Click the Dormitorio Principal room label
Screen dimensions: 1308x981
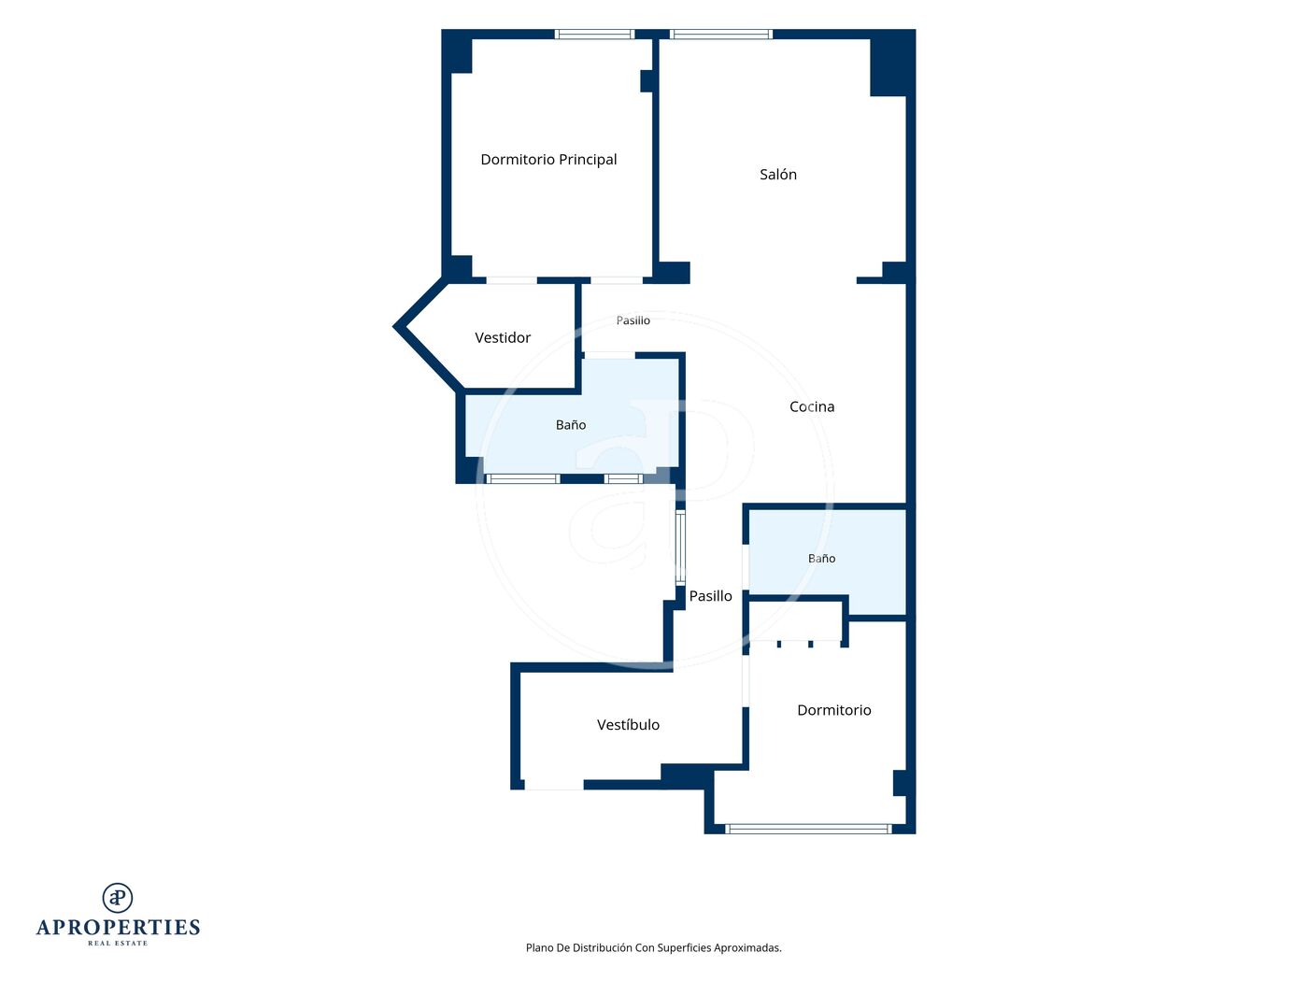pyautogui.click(x=548, y=160)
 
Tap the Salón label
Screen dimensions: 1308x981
pyautogui.click(x=777, y=174)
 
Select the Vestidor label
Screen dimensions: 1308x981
pyautogui.click(x=503, y=337)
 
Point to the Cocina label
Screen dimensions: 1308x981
pyautogui.click(x=812, y=406)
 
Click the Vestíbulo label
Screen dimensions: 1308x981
pyautogui.click(x=628, y=725)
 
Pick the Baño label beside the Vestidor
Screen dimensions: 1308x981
pyautogui.click(x=570, y=425)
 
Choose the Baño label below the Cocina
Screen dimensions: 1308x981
pyautogui.click(x=821, y=558)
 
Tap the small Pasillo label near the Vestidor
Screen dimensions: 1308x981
pyautogui.click(x=633, y=320)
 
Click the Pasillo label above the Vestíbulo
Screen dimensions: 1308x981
pyautogui.click(x=710, y=596)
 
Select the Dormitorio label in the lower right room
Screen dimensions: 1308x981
pyautogui.click(x=833, y=710)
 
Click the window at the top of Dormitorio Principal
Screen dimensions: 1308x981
pyautogui.click(x=594, y=34)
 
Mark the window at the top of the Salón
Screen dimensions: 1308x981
pyautogui.click(x=721, y=34)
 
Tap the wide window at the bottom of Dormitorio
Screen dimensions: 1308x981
pyautogui.click(x=808, y=829)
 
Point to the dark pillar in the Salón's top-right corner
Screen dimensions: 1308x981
pyautogui.click(x=892, y=64)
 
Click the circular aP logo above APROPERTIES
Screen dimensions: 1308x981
pyautogui.click(x=118, y=898)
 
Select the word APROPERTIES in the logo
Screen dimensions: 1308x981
pyautogui.click(x=118, y=928)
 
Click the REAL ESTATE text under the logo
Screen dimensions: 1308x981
pyautogui.click(x=118, y=943)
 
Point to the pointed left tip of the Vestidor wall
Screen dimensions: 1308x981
pyautogui.click(x=394, y=326)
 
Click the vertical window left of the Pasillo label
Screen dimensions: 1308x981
pyautogui.click(x=680, y=547)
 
